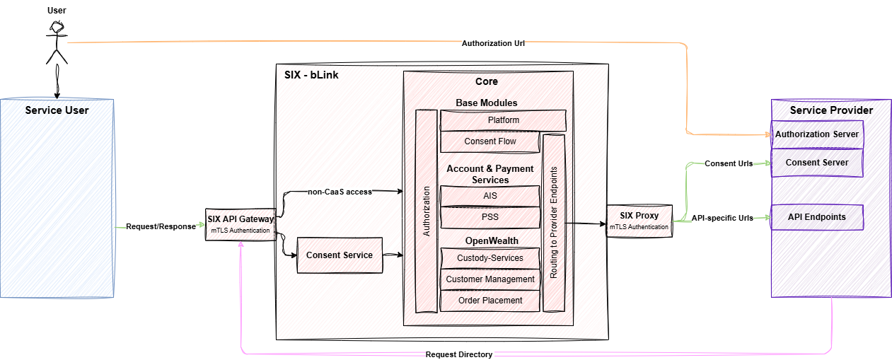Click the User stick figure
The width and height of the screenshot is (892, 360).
pos(57,42)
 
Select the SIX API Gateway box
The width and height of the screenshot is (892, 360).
pos(241,225)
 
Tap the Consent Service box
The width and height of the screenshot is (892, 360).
pos(340,255)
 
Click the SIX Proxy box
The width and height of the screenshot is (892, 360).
pos(639,221)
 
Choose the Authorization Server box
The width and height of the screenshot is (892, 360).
pos(817,134)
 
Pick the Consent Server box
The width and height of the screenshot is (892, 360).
pos(817,163)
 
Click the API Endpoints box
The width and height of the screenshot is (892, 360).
pos(817,217)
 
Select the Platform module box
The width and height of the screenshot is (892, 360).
pos(503,120)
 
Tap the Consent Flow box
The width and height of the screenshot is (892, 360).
pos(490,141)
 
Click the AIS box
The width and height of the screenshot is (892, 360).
pos(490,196)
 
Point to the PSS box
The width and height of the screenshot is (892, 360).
pos(490,217)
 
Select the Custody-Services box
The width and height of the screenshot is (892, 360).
pos(490,258)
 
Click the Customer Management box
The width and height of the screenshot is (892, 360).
pos(490,279)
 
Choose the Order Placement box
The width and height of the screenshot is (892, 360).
pos(490,301)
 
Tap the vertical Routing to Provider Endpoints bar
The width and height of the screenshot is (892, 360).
pos(554,223)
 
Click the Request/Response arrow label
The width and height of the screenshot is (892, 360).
pos(161,226)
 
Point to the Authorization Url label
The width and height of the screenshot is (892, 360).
pos(493,43)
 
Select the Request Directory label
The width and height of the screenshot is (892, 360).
pos(459,354)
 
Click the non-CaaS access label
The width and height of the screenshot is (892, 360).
pos(340,192)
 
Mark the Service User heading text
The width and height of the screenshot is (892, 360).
pos(57,110)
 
